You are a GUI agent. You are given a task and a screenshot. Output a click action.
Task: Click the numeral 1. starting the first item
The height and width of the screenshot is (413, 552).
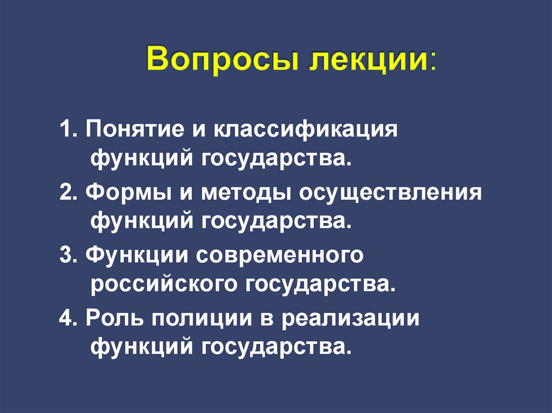click(68, 130)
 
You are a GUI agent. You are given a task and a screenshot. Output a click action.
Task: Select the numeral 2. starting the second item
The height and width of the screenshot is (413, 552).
click(68, 193)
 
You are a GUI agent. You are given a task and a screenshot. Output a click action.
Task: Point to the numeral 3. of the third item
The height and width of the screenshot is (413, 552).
click(68, 255)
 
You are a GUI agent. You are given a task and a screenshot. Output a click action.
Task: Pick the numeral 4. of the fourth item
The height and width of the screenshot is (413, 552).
click(68, 318)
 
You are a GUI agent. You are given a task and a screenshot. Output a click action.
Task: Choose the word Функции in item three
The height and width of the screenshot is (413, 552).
click(134, 256)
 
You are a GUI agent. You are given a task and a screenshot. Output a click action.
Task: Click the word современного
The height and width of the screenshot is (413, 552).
click(280, 256)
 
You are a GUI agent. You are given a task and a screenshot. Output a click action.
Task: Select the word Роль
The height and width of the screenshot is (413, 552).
click(113, 318)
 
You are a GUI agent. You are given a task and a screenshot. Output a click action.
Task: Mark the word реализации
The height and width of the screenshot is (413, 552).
click(350, 318)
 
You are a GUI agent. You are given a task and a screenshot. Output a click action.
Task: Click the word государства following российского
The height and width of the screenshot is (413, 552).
click(318, 284)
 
